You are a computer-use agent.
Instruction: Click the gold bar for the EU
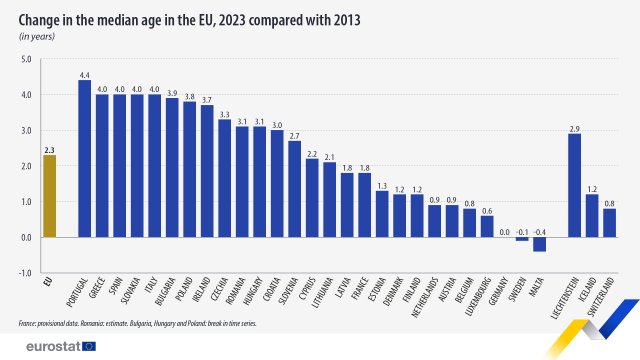49,196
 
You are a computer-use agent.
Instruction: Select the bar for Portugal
84,158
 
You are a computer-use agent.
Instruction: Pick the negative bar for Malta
539,244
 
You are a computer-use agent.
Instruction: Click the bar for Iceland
592,215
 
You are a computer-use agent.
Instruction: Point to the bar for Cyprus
312,198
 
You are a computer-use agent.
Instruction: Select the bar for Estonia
382,214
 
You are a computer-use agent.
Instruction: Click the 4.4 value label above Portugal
84,74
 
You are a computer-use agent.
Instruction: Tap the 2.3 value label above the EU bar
49,148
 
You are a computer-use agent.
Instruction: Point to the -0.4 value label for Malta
539,230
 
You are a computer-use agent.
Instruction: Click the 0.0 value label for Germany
504,230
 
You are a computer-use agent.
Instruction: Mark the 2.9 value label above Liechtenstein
574,127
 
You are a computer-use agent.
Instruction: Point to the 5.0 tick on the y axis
26,59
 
